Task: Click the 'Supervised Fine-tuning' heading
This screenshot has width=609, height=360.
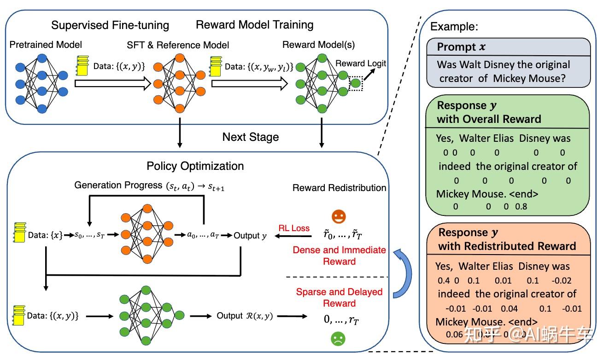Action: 110,25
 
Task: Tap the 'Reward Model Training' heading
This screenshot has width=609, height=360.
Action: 255,24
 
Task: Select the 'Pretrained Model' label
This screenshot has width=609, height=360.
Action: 46,45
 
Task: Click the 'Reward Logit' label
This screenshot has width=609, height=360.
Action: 361,64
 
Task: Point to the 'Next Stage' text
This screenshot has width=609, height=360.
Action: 250,137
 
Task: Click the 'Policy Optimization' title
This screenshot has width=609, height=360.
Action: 195,166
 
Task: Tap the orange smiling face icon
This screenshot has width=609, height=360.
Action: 339,217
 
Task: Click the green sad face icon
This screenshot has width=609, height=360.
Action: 338,340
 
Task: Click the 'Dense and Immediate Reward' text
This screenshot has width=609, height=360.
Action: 340,255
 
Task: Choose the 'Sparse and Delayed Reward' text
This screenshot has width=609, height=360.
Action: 340,297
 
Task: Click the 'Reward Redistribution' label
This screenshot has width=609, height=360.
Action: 340,187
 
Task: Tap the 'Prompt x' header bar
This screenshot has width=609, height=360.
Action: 508,47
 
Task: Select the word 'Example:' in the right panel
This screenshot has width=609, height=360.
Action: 454,27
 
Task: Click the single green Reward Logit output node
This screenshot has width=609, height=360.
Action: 356,83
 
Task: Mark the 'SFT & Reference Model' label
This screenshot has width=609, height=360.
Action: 178,45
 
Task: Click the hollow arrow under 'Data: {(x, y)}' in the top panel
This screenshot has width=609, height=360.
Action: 113,83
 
